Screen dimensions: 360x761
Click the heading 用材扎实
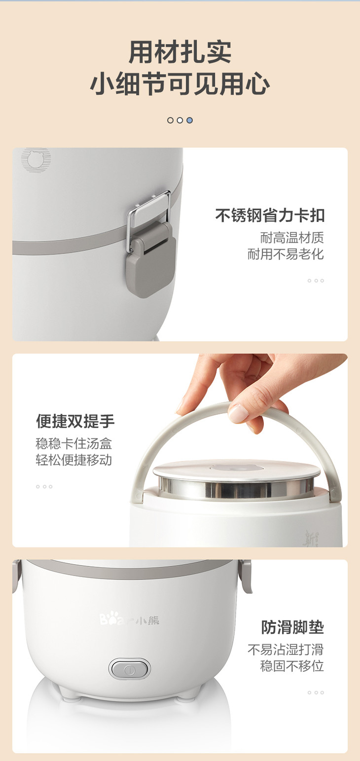click(x=180, y=52)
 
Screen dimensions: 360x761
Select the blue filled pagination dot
click(x=190, y=120)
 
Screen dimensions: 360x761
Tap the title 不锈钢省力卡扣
click(x=270, y=216)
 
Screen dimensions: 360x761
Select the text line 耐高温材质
click(x=292, y=238)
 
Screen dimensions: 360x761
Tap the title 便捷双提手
click(x=75, y=421)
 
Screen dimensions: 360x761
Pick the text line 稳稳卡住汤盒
click(x=73, y=444)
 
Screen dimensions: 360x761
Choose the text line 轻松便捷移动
click(x=73, y=460)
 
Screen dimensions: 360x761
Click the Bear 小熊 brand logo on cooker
click(x=129, y=618)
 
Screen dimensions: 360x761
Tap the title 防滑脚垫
click(x=292, y=627)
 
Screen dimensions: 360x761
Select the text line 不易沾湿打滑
click(x=286, y=650)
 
